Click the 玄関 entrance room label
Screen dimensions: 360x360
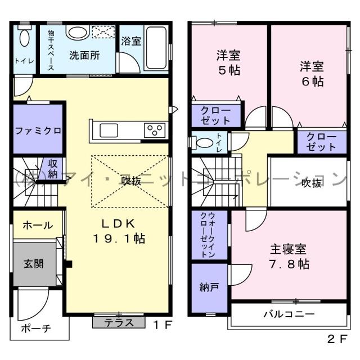(34, 263)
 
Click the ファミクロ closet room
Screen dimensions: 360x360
(38, 130)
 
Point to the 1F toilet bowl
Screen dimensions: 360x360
(24, 39)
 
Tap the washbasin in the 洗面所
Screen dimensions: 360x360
(78, 32)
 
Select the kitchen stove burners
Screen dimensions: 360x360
(154, 130)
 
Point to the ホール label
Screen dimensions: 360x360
(38, 225)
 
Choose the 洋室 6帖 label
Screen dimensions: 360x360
(310, 74)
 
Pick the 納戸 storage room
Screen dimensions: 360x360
(209, 287)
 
